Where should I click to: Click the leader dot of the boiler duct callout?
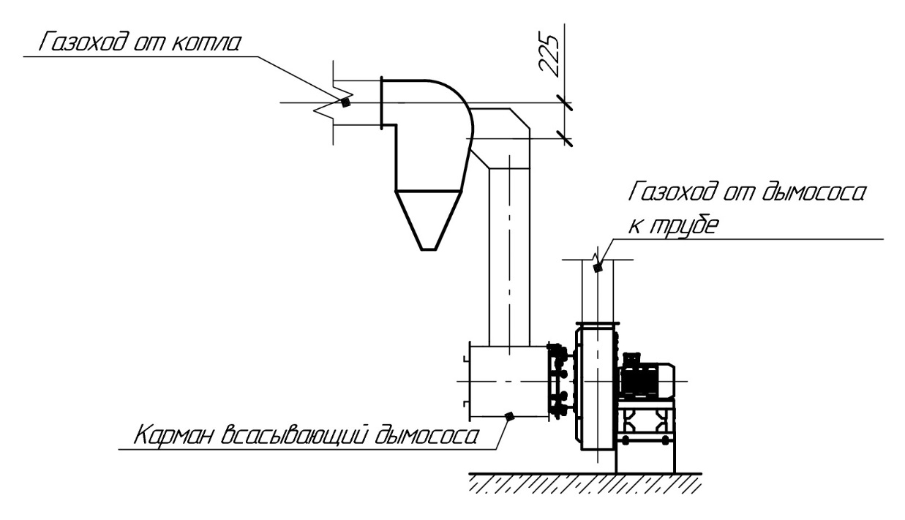[345, 102]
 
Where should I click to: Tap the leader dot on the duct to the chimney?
[597, 268]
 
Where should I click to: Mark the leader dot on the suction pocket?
[510, 415]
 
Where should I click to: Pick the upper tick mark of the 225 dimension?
[565, 103]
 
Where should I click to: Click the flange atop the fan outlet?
[598, 325]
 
